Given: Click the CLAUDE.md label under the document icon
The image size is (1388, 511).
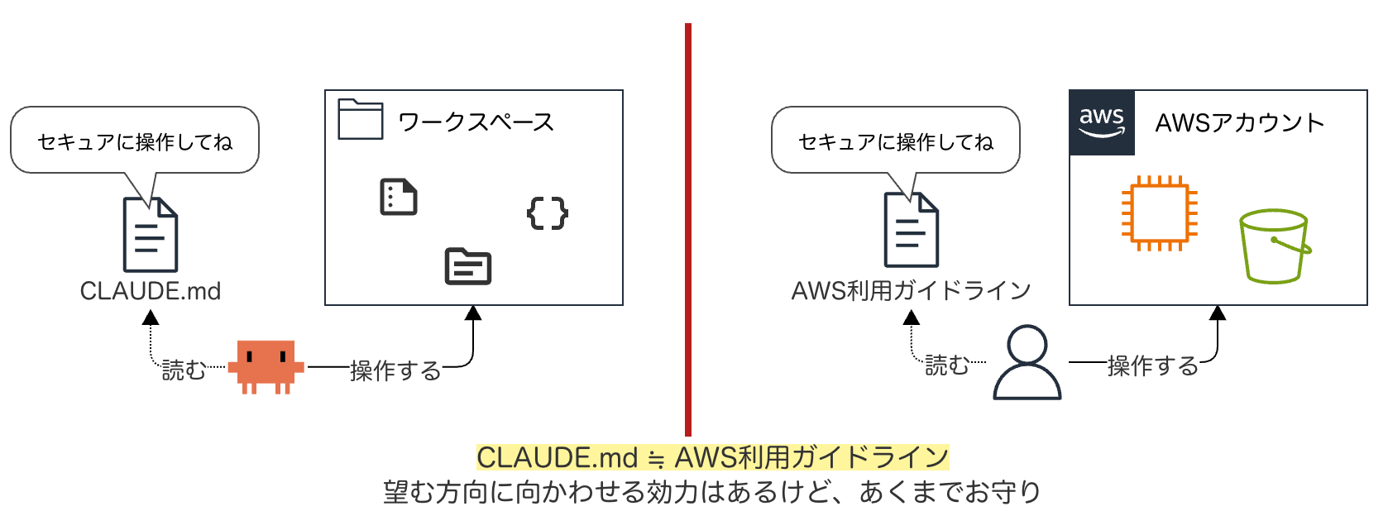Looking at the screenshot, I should [150, 291].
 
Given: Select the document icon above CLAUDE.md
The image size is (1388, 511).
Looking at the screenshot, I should [151, 235].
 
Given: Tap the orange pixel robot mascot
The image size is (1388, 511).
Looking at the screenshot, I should [266, 365].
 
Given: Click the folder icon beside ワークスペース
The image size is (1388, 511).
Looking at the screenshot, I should [361, 120].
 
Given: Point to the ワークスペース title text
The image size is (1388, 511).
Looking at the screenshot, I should [476, 122].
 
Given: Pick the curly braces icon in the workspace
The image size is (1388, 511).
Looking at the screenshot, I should [548, 213].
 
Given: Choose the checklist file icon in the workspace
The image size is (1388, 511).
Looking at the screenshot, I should [398, 197].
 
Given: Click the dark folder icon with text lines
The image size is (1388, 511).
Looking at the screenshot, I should [468, 266].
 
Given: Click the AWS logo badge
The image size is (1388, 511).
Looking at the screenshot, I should [1102, 122].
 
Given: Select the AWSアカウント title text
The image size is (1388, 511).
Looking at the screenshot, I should [1239, 123].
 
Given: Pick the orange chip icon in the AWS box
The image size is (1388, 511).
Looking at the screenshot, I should [1159, 213].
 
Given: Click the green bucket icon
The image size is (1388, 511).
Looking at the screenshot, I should [1274, 246].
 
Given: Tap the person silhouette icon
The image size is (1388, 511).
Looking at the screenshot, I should [1027, 363].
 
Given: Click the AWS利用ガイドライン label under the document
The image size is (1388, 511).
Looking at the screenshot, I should [911, 291].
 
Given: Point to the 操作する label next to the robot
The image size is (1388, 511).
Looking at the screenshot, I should [395, 370].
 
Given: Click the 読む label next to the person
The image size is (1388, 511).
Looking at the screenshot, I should [946, 365].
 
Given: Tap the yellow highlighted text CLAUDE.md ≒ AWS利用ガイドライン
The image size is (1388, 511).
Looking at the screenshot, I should [712, 457].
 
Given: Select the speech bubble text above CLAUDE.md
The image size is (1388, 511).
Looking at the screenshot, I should [135, 142].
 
